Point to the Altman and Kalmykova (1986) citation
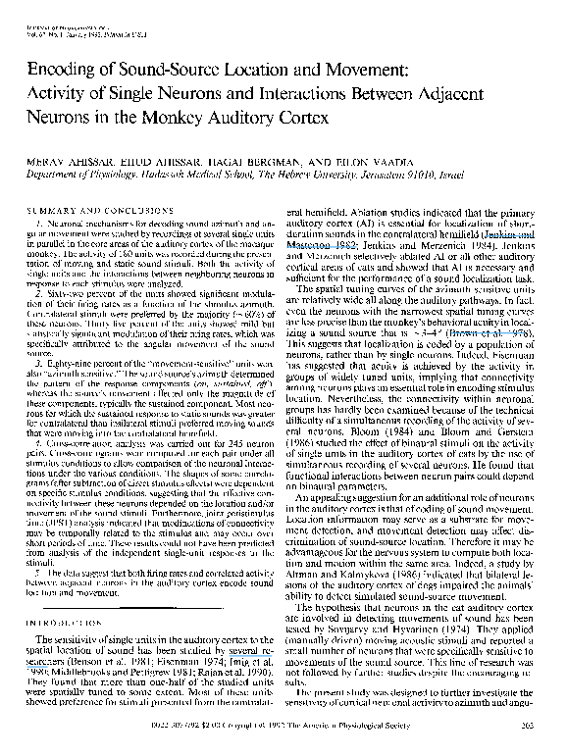tap(335, 584)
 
